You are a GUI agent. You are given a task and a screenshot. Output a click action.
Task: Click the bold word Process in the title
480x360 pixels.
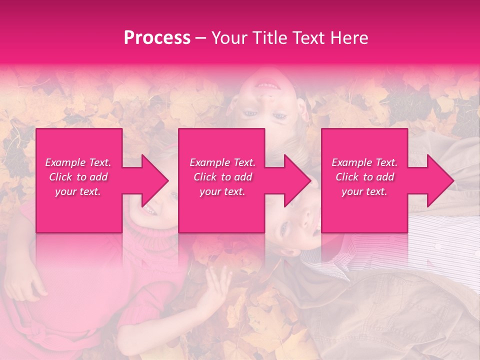(157, 38)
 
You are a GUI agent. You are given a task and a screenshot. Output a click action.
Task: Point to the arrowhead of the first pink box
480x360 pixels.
(155, 180)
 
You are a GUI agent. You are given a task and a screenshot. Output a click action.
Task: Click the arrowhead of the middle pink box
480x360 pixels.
(297, 180)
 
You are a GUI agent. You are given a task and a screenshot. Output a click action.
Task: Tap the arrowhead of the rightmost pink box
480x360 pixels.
(440, 180)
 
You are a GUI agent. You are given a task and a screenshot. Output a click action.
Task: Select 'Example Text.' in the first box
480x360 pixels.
(78, 162)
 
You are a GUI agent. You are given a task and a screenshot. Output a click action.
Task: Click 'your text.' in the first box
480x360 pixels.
(78, 191)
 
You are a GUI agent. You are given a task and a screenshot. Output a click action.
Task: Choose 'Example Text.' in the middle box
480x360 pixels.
(222, 162)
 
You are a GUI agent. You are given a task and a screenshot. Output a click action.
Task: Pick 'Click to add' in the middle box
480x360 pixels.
(222, 177)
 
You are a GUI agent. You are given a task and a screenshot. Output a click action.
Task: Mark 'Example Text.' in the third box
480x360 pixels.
(364, 162)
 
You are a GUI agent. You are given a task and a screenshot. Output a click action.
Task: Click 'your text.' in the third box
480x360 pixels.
(364, 191)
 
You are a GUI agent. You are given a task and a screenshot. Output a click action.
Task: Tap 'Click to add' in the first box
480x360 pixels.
(78, 177)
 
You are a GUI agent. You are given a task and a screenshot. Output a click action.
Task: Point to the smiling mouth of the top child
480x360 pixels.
(268, 84)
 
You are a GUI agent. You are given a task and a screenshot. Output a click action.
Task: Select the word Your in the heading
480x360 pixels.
(228, 38)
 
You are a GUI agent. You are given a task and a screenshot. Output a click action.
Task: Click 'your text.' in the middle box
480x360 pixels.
(222, 191)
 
